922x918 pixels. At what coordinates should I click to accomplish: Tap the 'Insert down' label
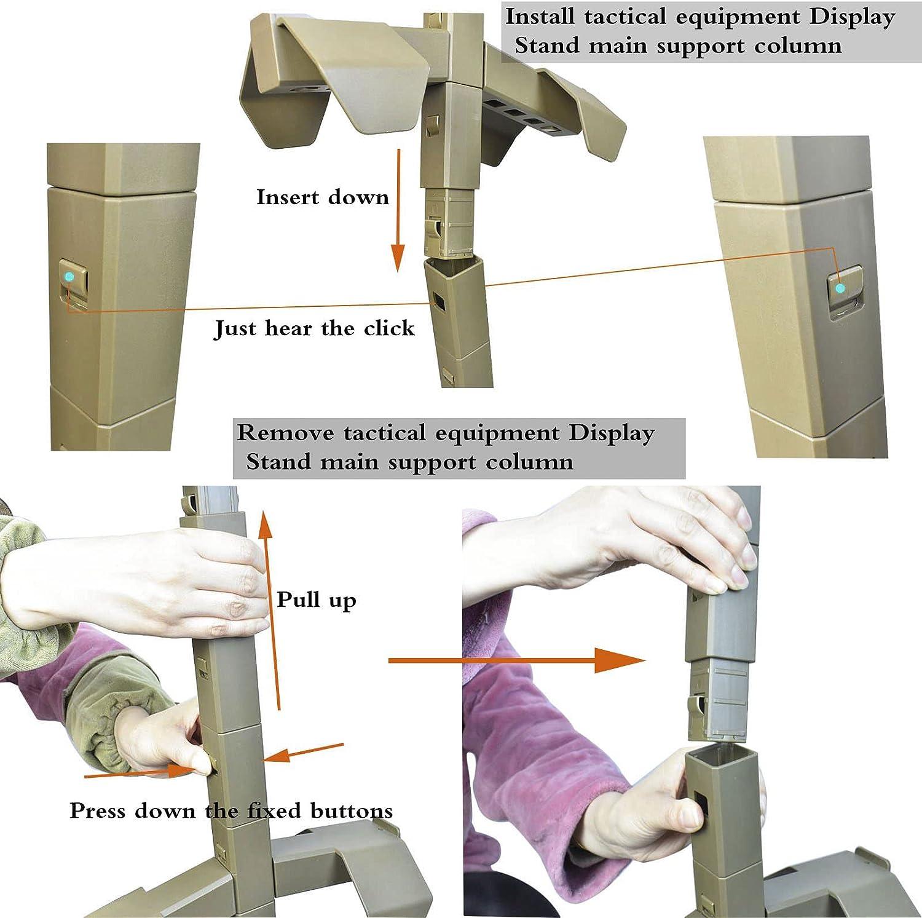(323, 197)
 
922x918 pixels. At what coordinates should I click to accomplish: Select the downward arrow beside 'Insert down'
(398, 209)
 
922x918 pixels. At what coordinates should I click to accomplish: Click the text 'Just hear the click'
(314, 328)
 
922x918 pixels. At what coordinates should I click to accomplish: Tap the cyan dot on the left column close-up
(69, 277)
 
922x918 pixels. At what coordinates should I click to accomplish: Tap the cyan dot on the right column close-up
(840, 287)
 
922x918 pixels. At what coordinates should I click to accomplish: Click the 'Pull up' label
(316, 599)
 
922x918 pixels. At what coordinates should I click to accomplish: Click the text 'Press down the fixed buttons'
(231, 810)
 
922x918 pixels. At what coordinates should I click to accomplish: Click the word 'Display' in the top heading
(851, 17)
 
